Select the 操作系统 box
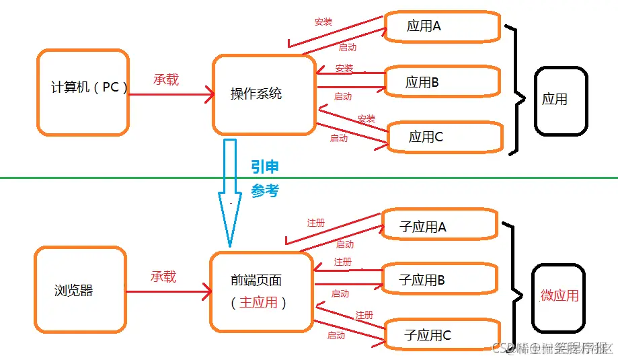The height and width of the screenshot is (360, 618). pyautogui.click(x=264, y=94)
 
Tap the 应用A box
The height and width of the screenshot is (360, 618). pyautogui.click(x=442, y=26)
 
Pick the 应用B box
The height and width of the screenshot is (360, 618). pyautogui.click(x=442, y=82)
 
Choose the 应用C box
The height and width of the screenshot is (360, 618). pyautogui.click(x=444, y=137)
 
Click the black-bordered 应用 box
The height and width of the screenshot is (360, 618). pyautogui.click(x=560, y=100)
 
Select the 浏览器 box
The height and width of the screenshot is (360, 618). pyautogui.click(x=80, y=290)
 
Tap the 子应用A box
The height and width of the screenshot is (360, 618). pyautogui.click(x=439, y=226)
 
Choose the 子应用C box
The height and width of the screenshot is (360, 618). pyautogui.click(x=441, y=334)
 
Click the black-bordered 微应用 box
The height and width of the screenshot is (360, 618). pyautogui.click(x=559, y=296)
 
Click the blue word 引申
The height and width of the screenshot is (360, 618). pyautogui.click(x=265, y=168)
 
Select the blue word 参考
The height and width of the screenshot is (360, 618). pyautogui.click(x=265, y=191)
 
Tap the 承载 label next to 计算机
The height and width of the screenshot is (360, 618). pyautogui.click(x=166, y=79)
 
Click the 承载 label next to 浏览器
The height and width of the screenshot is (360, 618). pyautogui.click(x=163, y=277)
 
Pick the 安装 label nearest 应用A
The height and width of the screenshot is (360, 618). pyautogui.click(x=323, y=22)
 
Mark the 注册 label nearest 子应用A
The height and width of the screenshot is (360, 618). pyautogui.click(x=316, y=222)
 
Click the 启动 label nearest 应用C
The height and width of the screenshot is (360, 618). pyautogui.click(x=339, y=138)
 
